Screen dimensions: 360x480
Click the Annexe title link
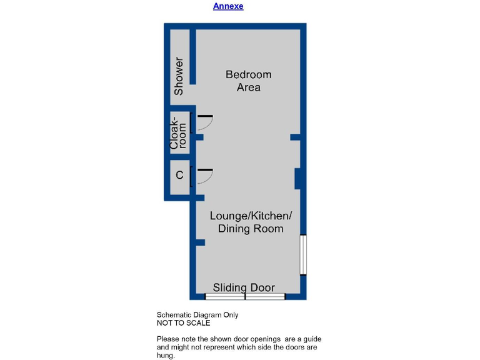pyautogui.click(x=228, y=6)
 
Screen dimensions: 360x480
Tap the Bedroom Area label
pyautogui.click(x=248, y=81)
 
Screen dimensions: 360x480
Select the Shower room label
pyautogui.click(x=179, y=76)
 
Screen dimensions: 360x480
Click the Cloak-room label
pyautogui.click(x=179, y=132)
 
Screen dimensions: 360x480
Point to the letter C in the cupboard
pyautogui.click(x=179, y=176)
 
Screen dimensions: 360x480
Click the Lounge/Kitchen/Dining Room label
pyautogui.click(x=250, y=222)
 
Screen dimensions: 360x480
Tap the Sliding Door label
pyautogui.click(x=244, y=287)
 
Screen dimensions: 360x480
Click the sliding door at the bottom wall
pyautogui.click(x=245, y=296)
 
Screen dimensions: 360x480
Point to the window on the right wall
pyautogui.click(x=302, y=254)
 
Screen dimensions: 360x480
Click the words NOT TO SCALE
pyautogui.click(x=183, y=323)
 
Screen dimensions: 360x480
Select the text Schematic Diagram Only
pyautogui.click(x=197, y=315)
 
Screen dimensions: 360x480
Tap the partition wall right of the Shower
pyautogui.click(x=194, y=56)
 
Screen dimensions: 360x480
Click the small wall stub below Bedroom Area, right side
pyautogui.click(x=296, y=137)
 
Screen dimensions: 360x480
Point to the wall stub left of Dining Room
pyautogui.click(x=199, y=242)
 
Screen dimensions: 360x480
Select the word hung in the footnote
pyautogui.click(x=165, y=355)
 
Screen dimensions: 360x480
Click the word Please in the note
pyautogui.click(x=167, y=339)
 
